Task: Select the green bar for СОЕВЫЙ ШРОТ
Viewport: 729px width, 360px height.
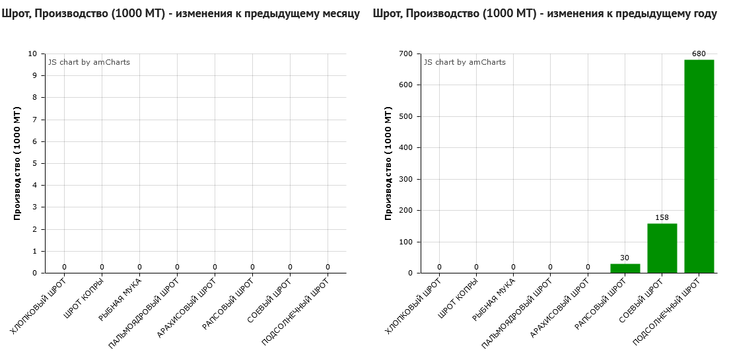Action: (662, 248)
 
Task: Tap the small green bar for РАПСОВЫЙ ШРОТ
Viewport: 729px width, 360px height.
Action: (625, 268)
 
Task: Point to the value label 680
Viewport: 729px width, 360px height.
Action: (699, 54)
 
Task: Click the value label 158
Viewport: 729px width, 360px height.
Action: (662, 217)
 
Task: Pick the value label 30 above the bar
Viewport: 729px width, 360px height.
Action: (625, 258)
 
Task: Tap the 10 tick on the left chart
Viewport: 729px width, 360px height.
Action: (32, 54)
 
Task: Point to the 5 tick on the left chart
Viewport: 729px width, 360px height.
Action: (34, 163)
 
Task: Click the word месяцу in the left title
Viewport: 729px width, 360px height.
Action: (340, 14)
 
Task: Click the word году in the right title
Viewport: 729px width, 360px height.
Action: (704, 14)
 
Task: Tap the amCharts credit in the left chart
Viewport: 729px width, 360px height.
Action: (89, 62)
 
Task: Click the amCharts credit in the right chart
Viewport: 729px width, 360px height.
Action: (465, 62)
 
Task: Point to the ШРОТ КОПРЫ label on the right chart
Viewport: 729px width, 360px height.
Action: (456, 301)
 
